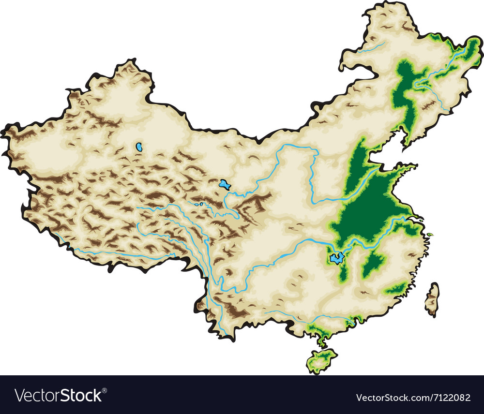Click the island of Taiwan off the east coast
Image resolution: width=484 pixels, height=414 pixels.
point(432,298)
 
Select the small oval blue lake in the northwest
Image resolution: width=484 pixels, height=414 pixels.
point(139,146)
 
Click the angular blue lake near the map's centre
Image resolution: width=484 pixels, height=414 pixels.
point(223,184)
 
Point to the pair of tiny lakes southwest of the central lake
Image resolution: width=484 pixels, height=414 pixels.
point(198,204)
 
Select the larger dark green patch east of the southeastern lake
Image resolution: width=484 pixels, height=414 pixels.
point(373,264)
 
